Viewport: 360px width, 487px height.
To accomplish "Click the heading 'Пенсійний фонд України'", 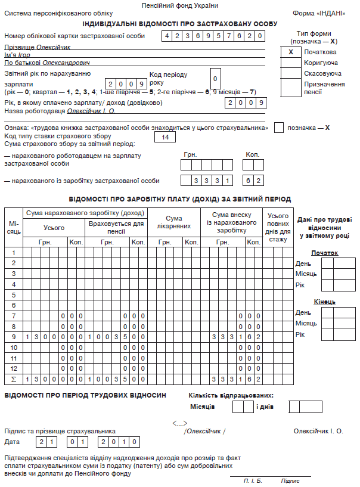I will (x=180, y=5).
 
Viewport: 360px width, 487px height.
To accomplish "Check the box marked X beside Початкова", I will (x=290, y=52).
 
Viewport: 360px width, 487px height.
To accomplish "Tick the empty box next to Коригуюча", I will (x=290, y=63).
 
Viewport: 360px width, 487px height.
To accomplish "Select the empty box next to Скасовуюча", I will (x=290, y=73).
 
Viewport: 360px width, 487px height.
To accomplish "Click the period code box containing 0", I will (x=217, y=79).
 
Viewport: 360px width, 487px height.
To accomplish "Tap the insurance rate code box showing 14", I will (x=165, y=137).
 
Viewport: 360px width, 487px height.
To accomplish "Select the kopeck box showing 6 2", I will (x=253, y=179).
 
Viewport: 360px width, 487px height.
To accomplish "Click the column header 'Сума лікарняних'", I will (x=173, y=222).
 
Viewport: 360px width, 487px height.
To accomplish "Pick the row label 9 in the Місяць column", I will (x=13, y=337).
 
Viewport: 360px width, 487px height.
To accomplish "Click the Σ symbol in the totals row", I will (x=13, y=379).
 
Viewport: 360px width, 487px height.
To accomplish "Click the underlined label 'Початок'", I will (x=325, y=253).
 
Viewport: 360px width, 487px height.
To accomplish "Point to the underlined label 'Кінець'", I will (x=325, y=302).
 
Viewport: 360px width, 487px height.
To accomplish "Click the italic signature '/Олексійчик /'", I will (x=206, y=431).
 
